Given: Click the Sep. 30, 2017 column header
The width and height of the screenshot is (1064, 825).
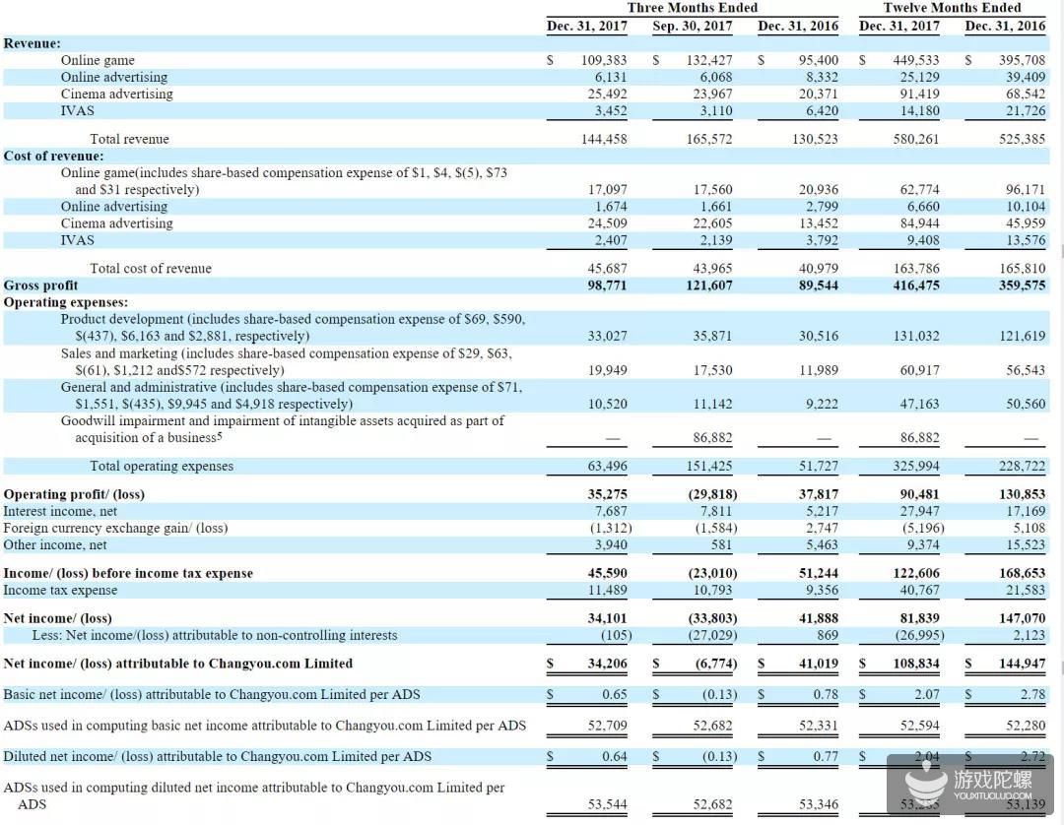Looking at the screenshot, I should click(x=693, y=26).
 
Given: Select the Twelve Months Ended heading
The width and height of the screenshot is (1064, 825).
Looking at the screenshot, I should click(x=952, y=8).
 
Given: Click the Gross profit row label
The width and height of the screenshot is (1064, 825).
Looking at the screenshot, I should click(x=40, y=286).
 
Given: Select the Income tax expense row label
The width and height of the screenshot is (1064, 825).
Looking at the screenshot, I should click(x=60, y=590).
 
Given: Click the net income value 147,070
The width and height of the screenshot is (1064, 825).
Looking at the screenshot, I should click(x=1022, y=618).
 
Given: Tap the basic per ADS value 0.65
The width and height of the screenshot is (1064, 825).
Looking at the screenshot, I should click(x=615, y=694).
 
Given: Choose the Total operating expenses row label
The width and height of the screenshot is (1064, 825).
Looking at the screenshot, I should click(x=162, y=466).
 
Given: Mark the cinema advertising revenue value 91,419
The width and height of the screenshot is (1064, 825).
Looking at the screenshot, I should click(x=916, y=94).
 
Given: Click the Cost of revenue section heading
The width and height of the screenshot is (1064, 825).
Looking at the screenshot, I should click(x=53, y=156).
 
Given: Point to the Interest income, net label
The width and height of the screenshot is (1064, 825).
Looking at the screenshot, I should click(x=60, y=511).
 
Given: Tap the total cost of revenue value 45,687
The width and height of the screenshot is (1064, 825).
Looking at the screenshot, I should click(x=607, y=269).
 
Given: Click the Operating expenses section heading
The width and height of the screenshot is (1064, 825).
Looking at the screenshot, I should click(x=65, y=302).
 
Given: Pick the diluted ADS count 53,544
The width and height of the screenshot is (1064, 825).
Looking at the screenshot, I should click(x=607, y=804).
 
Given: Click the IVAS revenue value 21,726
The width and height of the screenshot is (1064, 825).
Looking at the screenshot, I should click(x=1022, y=110).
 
